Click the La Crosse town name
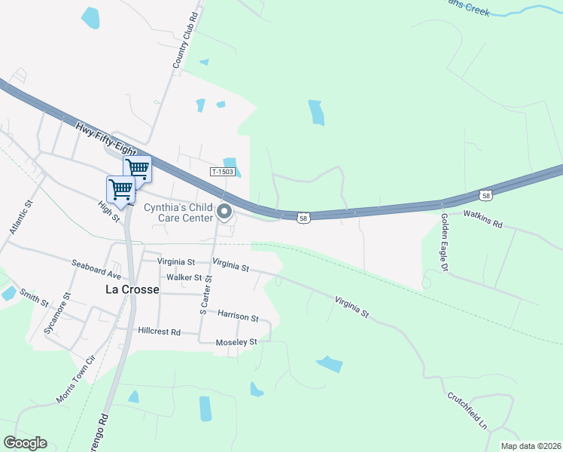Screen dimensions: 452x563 coord(131,289)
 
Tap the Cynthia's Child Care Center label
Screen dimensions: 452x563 coord(178,212)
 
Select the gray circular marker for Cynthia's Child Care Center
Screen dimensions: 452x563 coord(224,213)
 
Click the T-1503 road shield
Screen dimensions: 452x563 coord(224,172)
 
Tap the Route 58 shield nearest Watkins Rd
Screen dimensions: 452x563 coord(486,196)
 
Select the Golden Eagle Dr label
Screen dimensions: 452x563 coord(445,241)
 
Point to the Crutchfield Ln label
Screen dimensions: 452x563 coord(467,411)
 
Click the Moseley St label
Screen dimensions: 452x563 coord(237,342)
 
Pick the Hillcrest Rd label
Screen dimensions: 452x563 coord(160,331)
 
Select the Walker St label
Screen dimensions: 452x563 coord(184,278)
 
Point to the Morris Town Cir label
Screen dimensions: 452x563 coord(77,380)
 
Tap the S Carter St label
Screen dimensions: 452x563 coord(205,295)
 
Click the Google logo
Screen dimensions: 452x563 coord(26,442)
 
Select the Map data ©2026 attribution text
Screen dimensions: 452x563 coord(531,446)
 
